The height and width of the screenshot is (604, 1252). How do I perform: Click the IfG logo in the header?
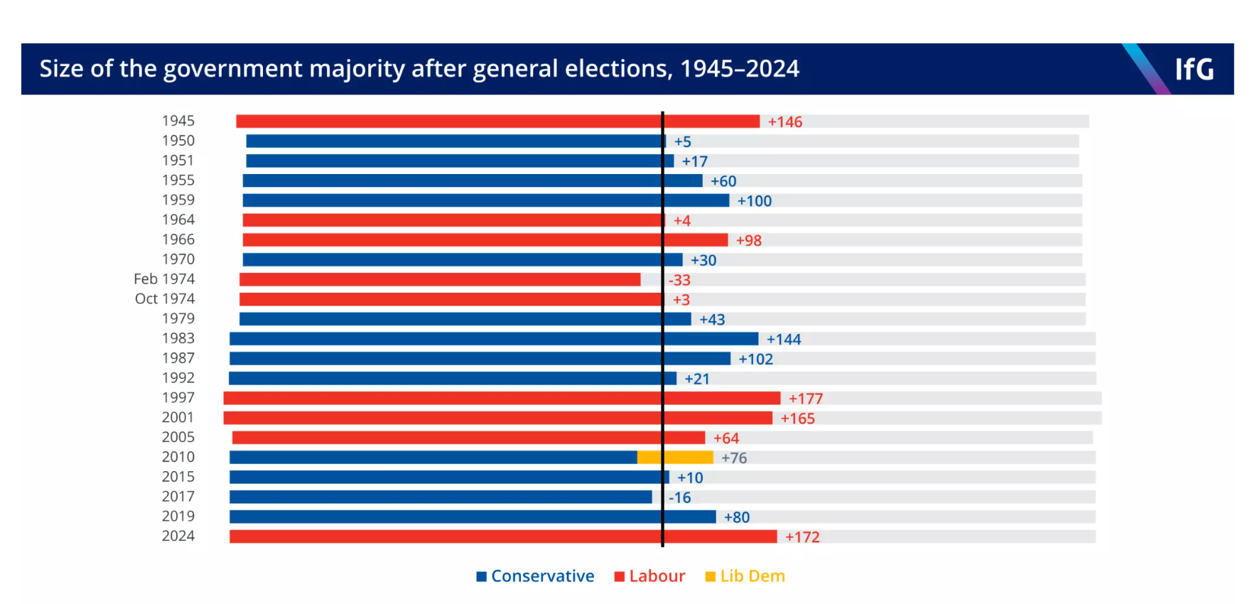1194,69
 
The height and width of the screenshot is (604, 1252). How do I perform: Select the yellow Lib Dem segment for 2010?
675,458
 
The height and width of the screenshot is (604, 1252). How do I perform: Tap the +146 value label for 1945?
784,122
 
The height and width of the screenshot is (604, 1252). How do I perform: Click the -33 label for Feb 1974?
679,280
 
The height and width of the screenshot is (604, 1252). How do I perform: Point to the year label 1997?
178,398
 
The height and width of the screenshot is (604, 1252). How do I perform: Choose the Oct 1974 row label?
165,299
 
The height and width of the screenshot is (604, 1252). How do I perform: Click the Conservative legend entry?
535,576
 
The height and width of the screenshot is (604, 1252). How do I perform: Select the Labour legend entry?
649,576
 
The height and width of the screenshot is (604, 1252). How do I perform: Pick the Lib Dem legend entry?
745,576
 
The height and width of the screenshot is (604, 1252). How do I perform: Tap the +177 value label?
805,399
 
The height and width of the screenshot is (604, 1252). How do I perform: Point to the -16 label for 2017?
679,498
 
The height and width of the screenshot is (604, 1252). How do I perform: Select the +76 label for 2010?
734,458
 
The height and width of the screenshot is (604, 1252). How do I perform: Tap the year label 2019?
178,517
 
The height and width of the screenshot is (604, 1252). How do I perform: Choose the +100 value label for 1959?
754,201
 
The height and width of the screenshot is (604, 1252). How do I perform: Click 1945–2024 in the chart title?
739,69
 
